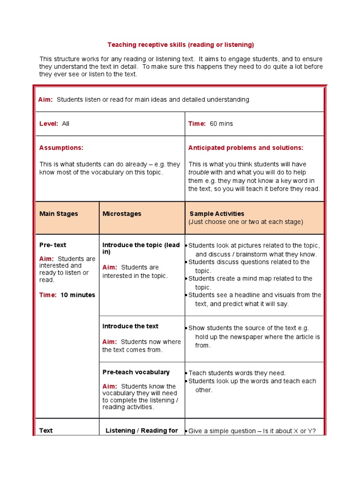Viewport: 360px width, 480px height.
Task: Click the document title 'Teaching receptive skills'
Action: [x=180, y=45]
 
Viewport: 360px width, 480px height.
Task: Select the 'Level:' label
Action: [x=49, y=124]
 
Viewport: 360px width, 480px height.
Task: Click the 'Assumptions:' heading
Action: [x=61, y=148]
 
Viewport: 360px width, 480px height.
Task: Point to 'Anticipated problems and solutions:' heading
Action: [x=246, y=148]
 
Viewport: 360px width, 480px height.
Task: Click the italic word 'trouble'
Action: [x=198, y=172]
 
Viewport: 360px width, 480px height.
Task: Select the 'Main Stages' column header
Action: [x=59, y=214]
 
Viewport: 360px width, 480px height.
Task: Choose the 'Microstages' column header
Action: [x=122, y=214]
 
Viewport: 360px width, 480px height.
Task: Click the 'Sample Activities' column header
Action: [x=217, y=214]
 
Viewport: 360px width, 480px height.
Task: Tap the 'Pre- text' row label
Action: [x=52, y=245]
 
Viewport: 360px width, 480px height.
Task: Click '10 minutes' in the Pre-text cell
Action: [x=78, y=295]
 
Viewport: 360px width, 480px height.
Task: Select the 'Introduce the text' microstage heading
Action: [x=130, y=326]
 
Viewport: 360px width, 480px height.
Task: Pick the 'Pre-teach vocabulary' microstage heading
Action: [x=136, y=372]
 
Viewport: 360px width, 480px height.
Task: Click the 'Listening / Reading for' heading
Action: [x=142, y=431]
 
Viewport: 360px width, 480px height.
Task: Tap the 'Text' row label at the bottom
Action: [x=46, y=431]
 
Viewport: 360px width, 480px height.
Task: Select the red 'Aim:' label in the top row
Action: [x=45, y=100]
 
